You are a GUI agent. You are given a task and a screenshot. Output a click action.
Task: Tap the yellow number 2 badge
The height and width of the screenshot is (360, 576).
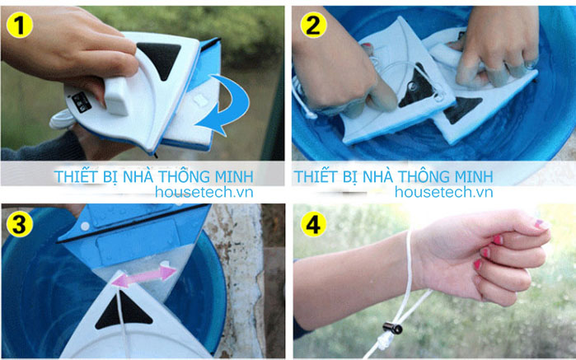tap(311, 25)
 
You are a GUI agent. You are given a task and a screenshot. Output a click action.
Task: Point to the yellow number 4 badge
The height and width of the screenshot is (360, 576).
tap(311, 224)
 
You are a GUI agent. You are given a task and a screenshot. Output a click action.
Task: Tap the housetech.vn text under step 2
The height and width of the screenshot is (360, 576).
tap(443, 192)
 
